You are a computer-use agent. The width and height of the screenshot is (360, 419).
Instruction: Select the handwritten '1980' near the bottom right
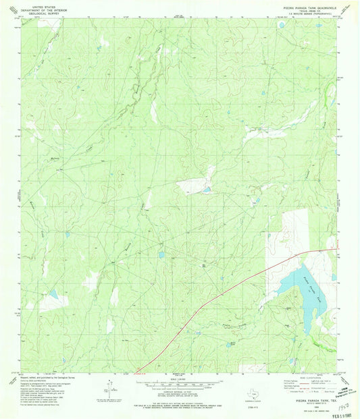[x=342, y=401]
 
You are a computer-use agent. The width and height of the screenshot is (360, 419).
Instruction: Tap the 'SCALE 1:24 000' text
[x=178, y=379]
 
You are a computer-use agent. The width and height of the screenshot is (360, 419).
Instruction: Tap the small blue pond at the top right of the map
[x=281, y=26]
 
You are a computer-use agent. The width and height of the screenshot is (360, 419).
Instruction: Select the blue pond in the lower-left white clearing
[x=52, y=294]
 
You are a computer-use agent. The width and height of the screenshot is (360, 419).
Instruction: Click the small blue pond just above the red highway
[x=161, y=255]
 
